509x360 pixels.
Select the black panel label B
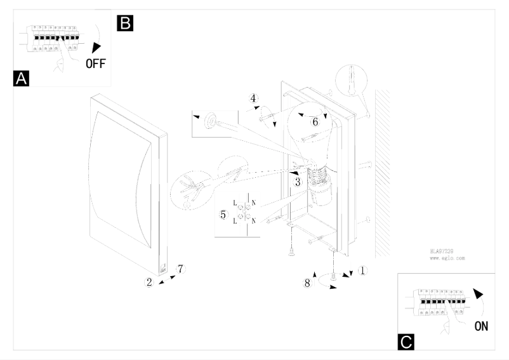[124, 23]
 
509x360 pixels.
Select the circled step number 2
[150, 283]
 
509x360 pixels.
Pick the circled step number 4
[253, 98]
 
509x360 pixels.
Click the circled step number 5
[223, 215]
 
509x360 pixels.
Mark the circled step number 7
[180, 269]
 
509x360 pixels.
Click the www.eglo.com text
[444, 259]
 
